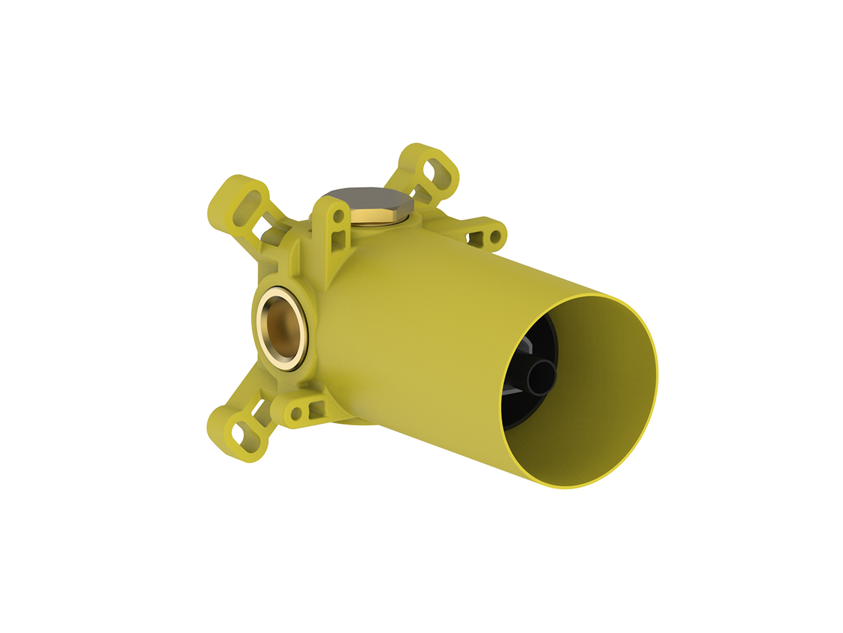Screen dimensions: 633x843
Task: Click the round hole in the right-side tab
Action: coord(493,235)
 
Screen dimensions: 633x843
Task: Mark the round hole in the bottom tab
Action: coord(296,413)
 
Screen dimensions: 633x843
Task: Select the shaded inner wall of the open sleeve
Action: coord(606,396)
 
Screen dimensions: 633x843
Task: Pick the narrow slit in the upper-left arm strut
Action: coord(270,232)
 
